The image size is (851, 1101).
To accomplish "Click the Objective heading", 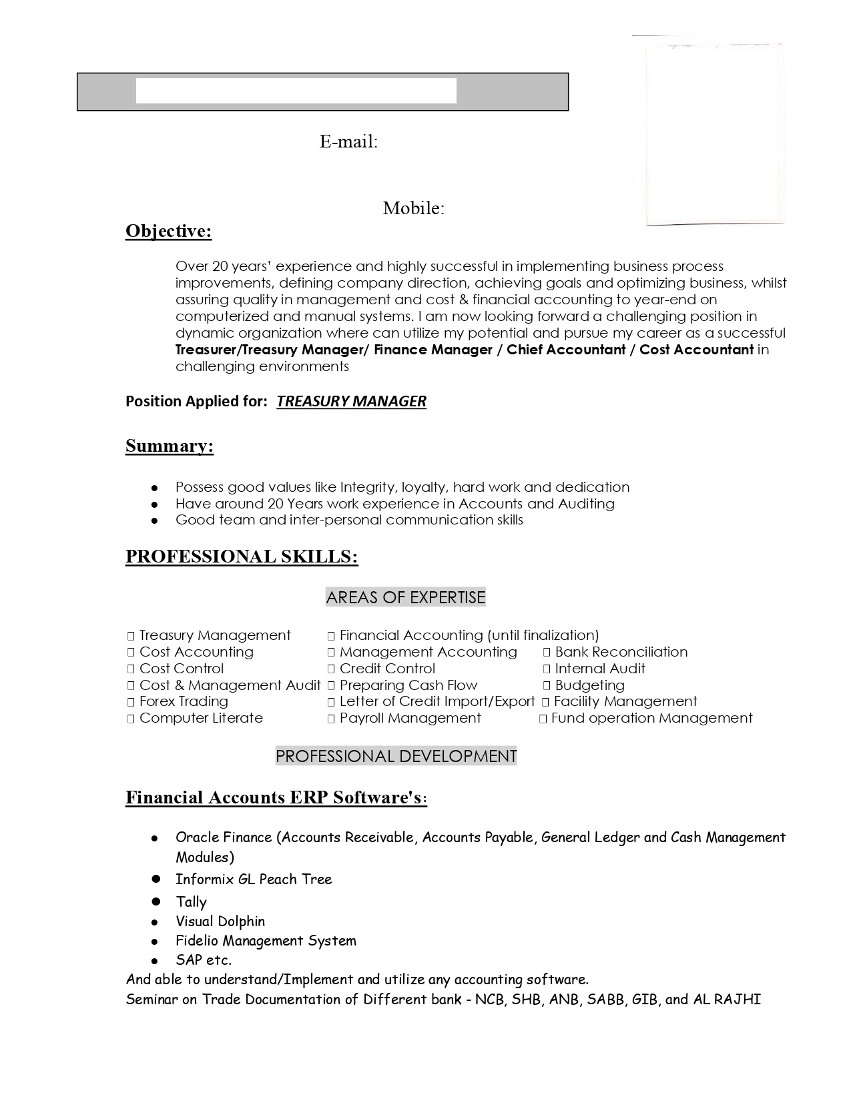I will coord(168,231).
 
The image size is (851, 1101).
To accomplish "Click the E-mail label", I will coord(348,141).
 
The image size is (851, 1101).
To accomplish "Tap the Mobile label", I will coord(413,208).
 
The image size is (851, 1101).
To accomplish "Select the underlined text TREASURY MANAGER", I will coord(351,401).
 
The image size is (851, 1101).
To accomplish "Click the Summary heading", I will coord(170,446).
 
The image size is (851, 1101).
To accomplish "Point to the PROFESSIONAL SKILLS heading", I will coord(242,557).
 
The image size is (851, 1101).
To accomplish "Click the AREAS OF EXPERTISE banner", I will coord(405,597).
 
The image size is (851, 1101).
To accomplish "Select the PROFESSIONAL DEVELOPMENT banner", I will coord(396,756).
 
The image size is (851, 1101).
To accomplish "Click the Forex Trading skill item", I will coord(184,701).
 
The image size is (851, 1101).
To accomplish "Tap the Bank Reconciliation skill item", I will coord(621,652).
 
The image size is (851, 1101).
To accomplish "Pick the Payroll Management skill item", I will coord(410,718).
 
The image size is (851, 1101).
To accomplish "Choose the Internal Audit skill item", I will coord(599,669).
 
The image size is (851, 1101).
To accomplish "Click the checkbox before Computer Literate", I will coord(131,719).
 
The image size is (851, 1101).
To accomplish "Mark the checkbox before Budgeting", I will coord(547,685).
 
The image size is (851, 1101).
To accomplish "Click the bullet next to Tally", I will coord(156,901).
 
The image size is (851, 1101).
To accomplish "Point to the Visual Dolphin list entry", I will coord(220,922).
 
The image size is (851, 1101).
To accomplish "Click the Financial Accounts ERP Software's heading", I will coord(276,797).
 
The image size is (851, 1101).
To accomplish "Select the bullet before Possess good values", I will coord(155,488).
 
